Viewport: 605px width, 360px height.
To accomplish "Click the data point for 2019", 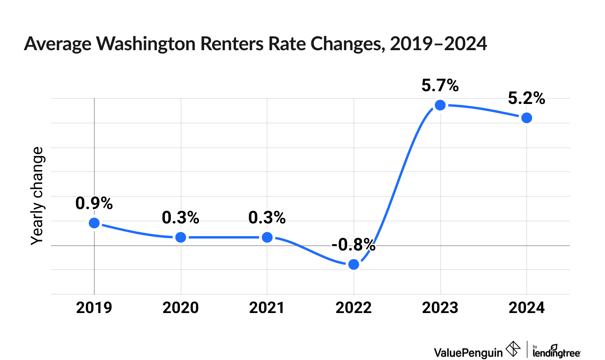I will click(94, 223).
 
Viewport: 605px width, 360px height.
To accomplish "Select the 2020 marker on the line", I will click(181, 237).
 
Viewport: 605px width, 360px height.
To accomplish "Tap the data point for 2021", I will click(267, 237).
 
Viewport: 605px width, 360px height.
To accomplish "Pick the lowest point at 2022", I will click(353, 264).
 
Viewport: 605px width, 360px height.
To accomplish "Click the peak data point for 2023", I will click(440, 105).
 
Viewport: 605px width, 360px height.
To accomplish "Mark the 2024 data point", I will click(527, 118).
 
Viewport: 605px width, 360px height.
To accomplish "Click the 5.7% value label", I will click(440, 86).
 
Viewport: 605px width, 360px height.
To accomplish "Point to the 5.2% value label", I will click(527, 98).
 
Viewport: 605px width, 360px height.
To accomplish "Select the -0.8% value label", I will click(353, 245).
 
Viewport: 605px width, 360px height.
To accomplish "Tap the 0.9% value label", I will click(94, 203).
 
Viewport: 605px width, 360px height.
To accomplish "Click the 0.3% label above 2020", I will click(181, 218).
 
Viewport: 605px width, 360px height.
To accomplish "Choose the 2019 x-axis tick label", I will click(94, 308).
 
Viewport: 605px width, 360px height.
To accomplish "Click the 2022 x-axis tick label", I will click(353, 308).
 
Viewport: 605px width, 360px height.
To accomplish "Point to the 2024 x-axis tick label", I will click(527, 308).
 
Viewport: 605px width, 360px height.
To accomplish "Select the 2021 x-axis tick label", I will click(267, 308).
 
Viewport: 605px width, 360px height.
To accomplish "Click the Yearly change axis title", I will click(37, 196).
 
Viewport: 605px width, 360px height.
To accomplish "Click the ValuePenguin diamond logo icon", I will click(513, 350).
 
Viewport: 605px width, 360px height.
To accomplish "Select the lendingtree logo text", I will click(556, 352).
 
